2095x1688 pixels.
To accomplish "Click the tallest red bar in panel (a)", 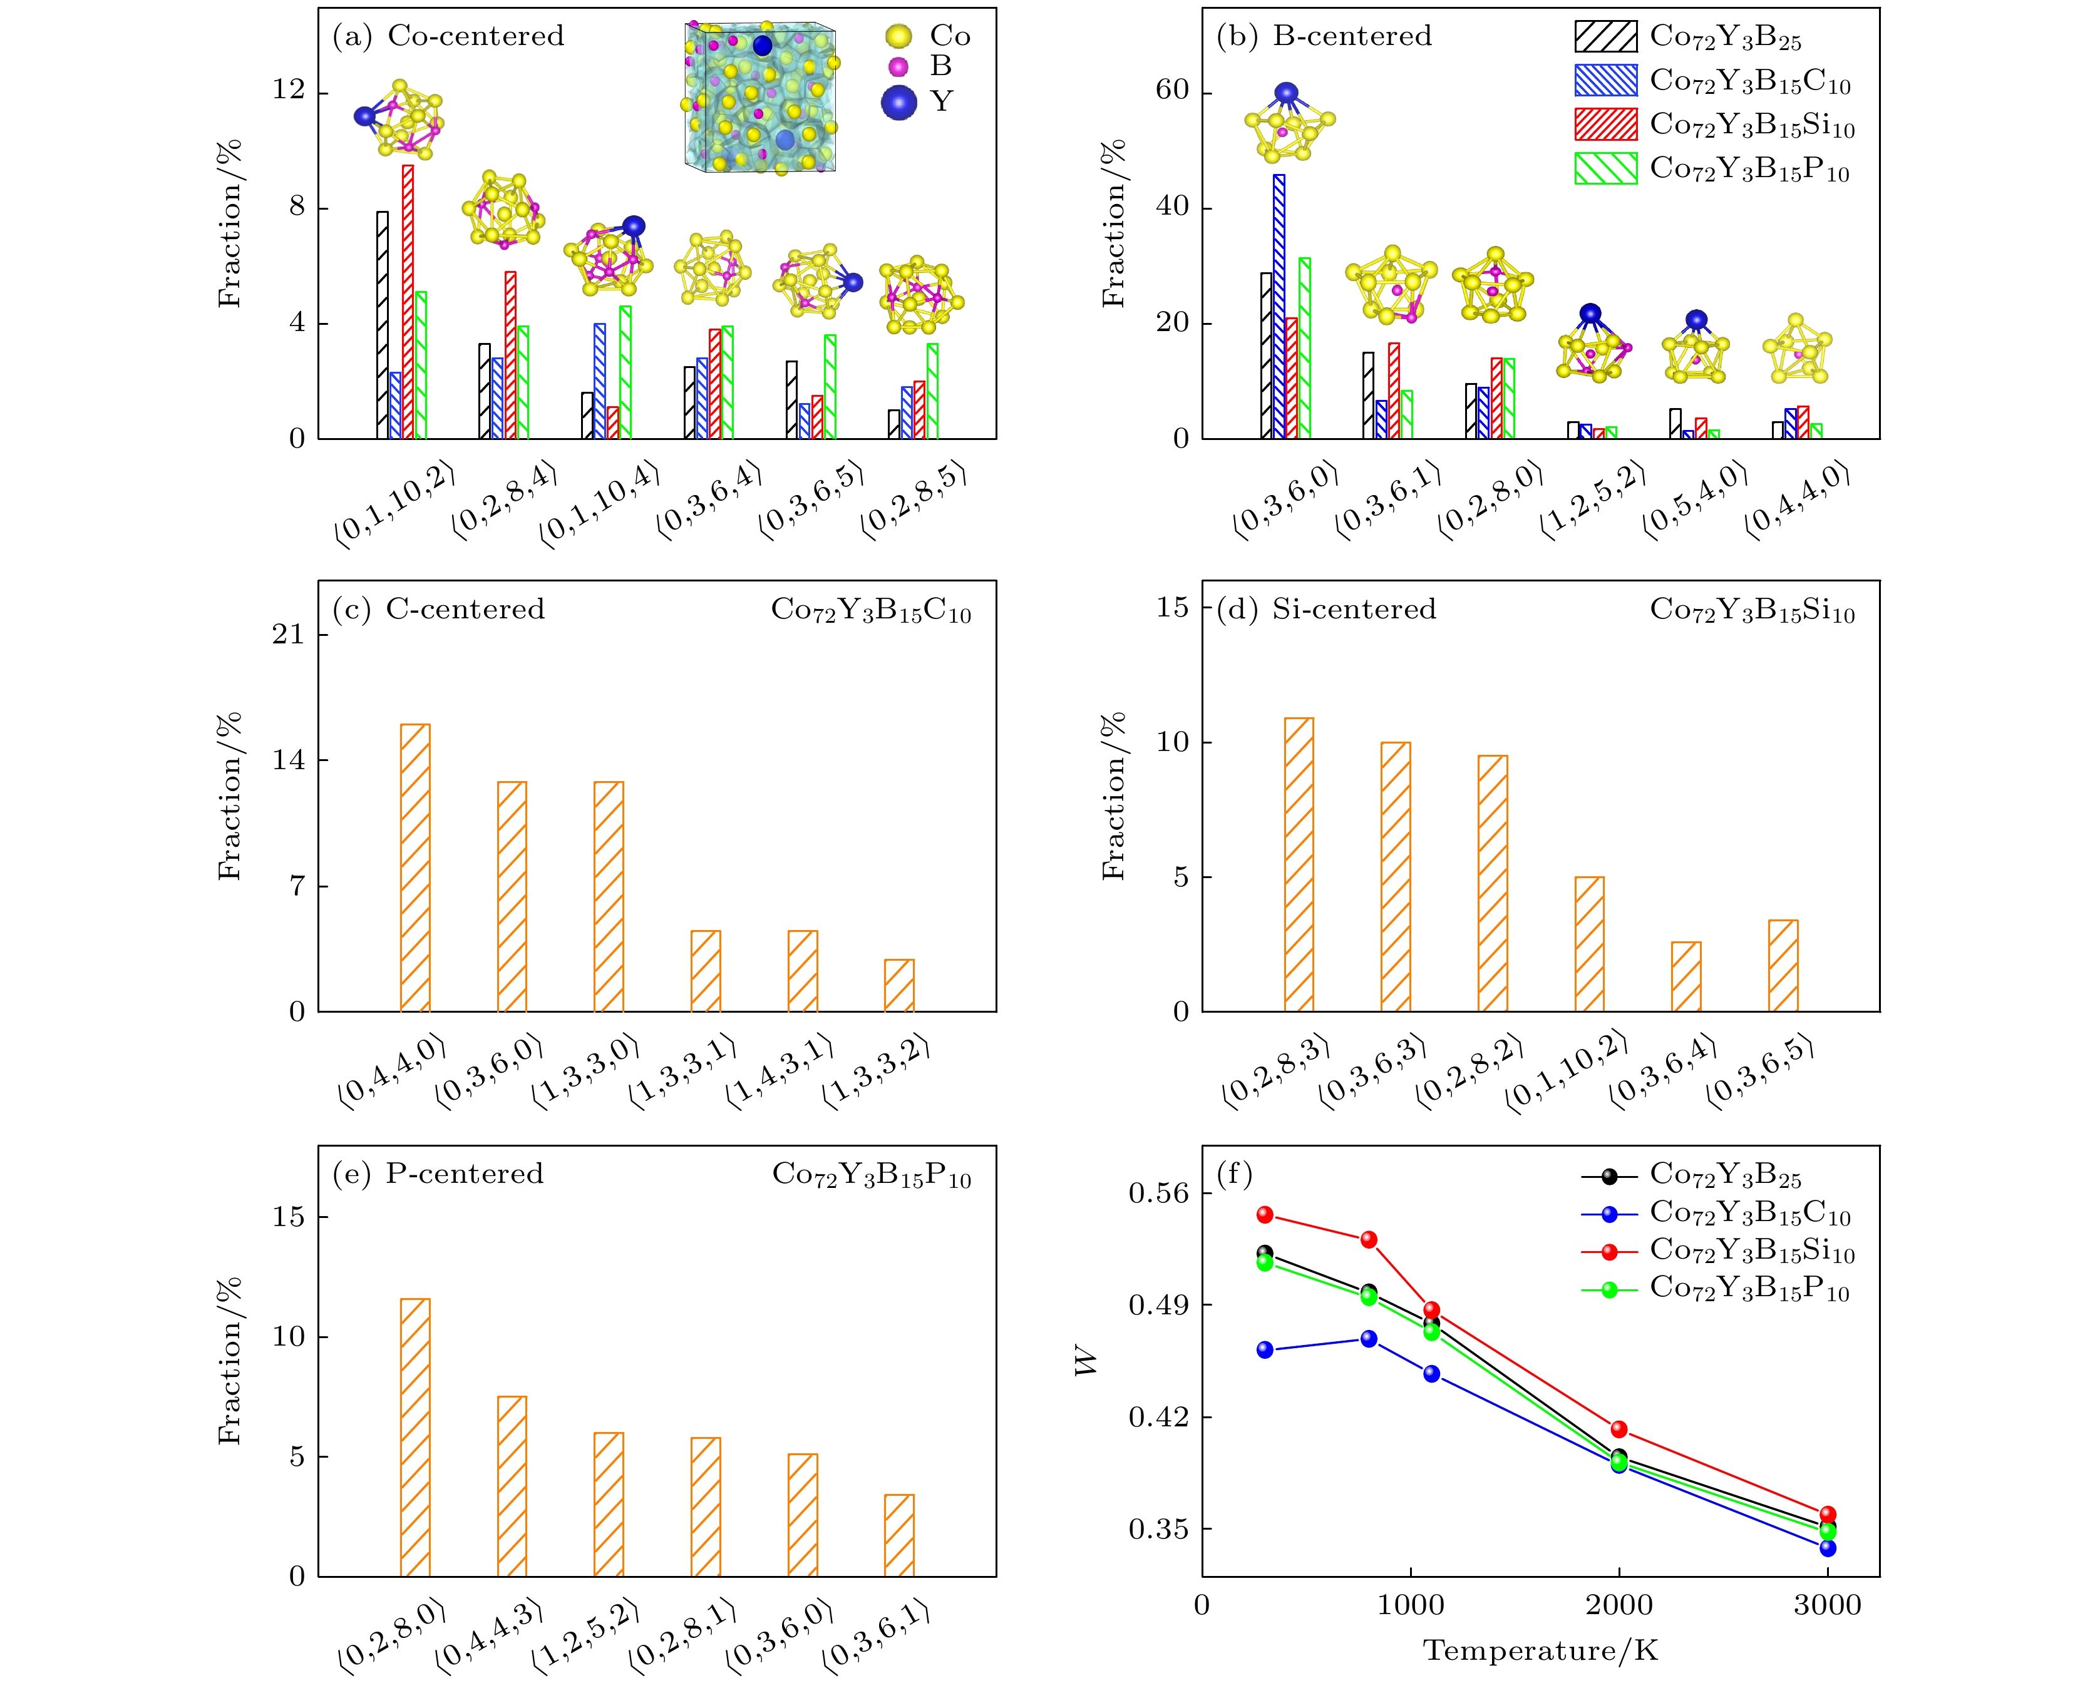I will coord(408,302).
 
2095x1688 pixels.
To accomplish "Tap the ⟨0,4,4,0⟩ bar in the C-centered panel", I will coord(415,867).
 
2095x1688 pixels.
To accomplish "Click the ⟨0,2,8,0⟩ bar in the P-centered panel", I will coord(415,1437).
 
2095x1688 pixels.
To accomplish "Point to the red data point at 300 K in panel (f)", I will coord(1265,1214).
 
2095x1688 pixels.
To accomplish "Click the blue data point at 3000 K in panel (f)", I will coord(1828,1548).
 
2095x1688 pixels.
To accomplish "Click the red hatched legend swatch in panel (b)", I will coord(1606,125).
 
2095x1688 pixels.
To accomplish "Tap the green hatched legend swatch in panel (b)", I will coord(1606,168).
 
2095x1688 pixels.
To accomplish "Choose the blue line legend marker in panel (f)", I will coord(1610,1214).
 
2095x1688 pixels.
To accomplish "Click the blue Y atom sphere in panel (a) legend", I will coord(898,102).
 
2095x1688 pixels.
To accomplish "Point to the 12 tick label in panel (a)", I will coord(289,90).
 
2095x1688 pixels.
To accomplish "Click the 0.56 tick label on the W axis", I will coord(1158,1192).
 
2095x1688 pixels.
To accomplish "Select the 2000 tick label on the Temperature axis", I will coord(1619,1605).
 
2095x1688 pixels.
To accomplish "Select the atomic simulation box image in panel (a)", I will coord(759,96).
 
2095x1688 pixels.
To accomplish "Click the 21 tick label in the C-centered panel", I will coord(289,635).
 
